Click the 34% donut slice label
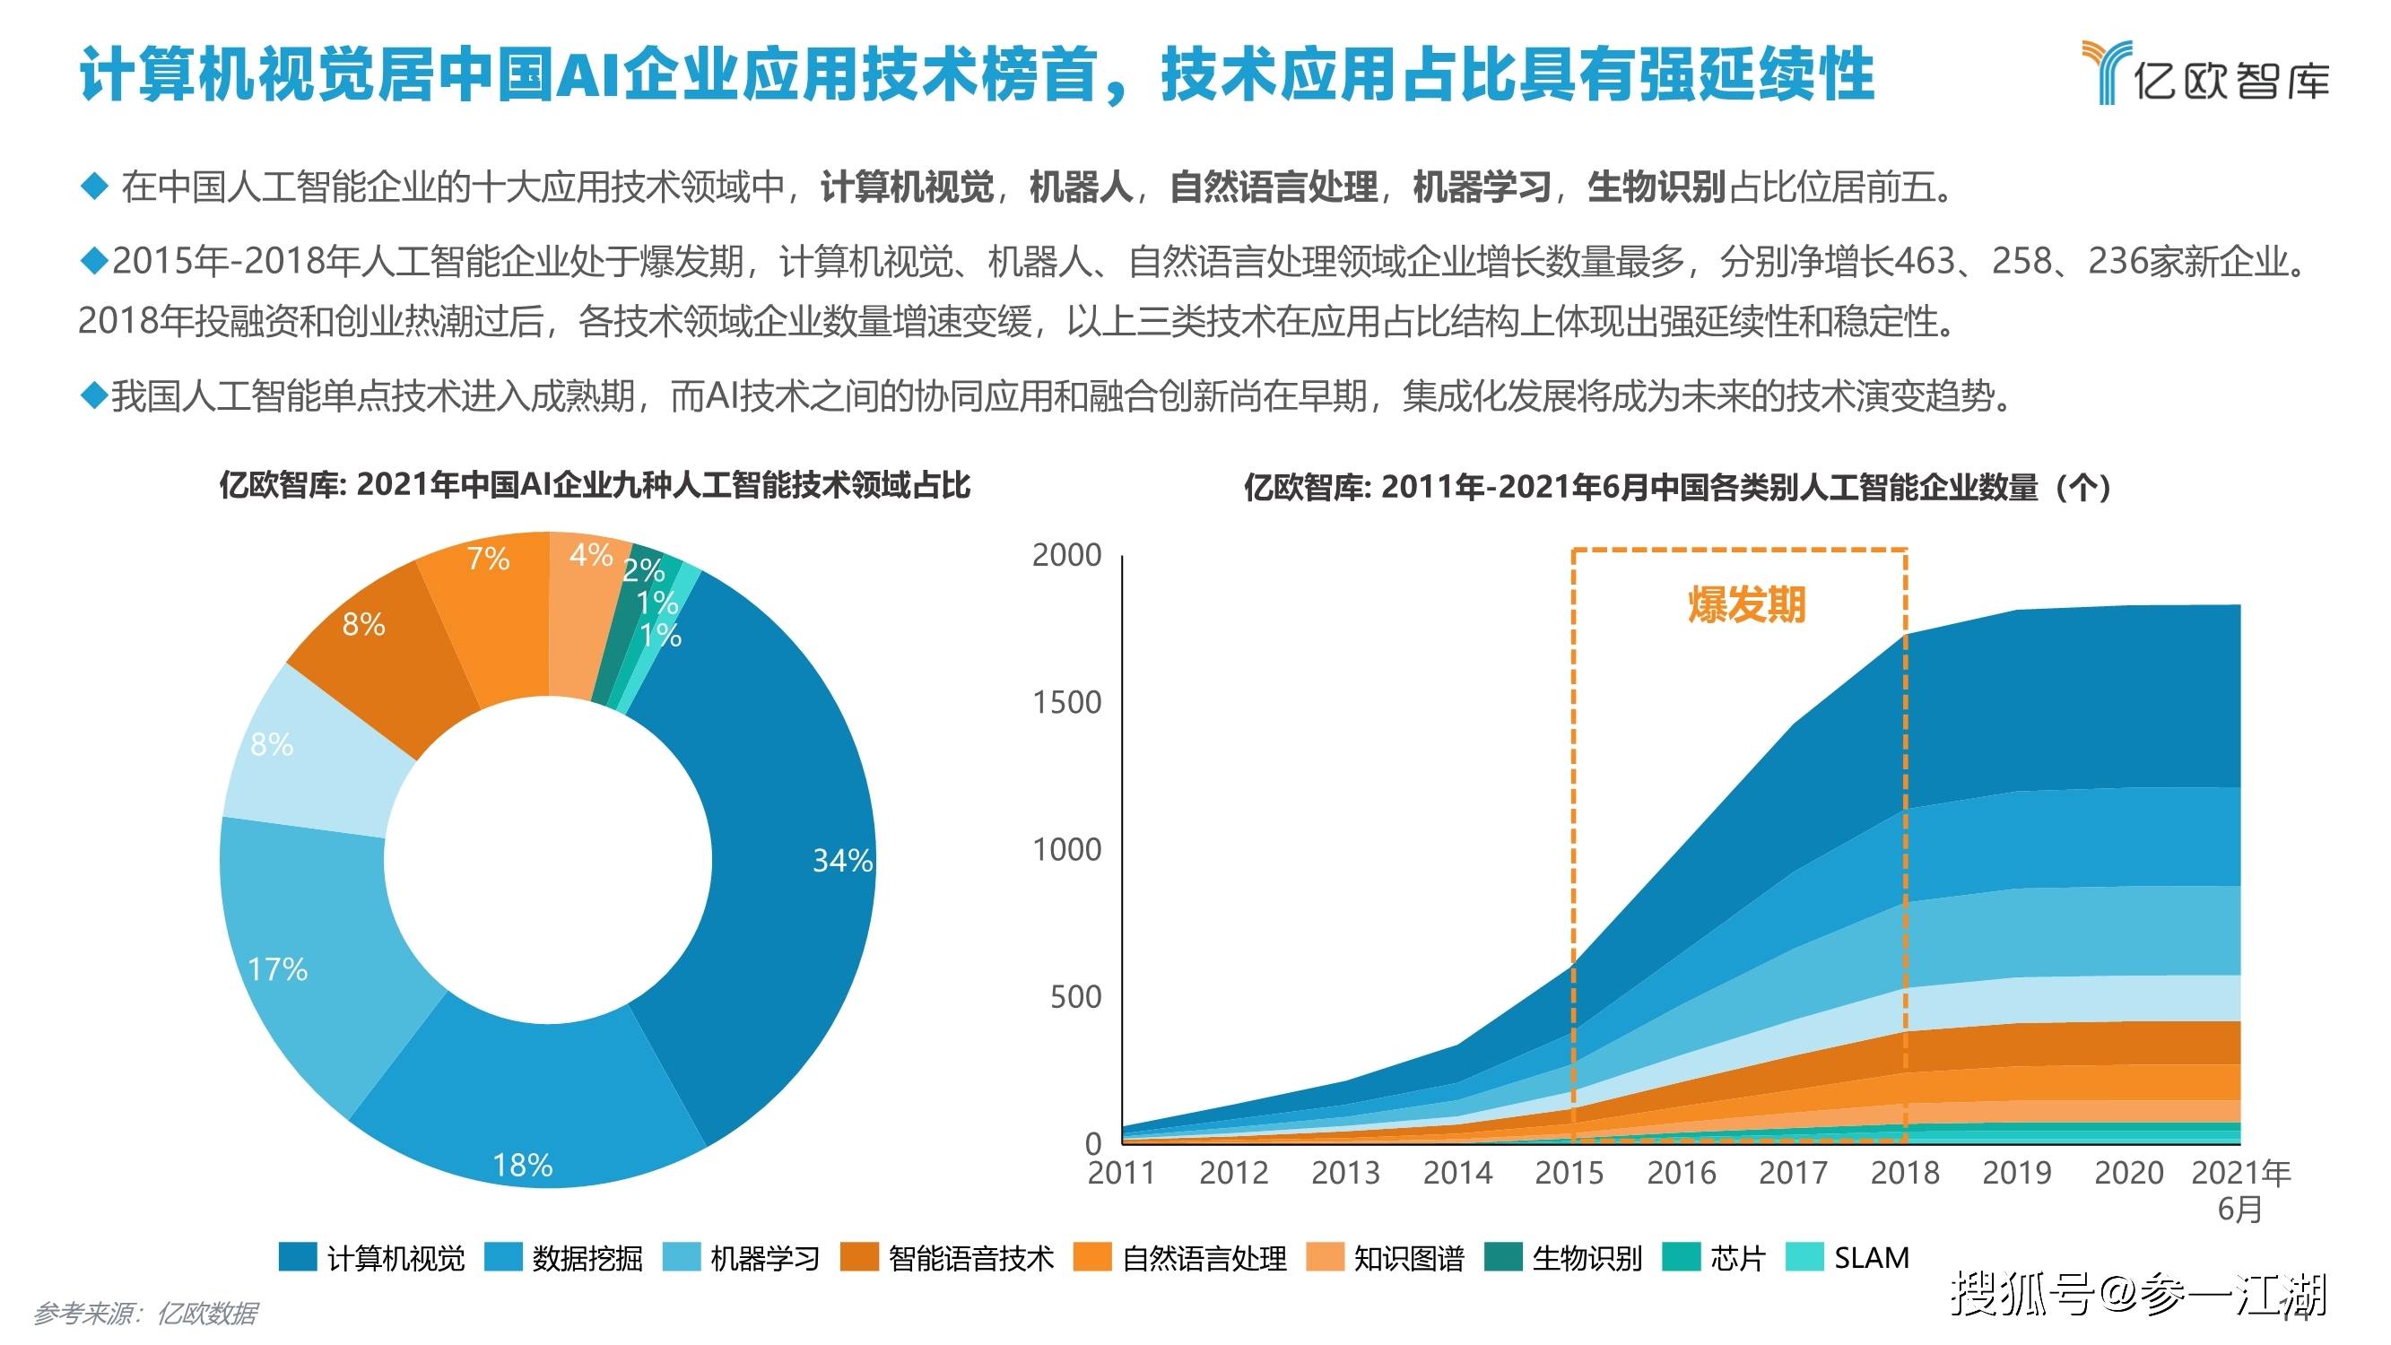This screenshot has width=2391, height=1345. tap(842, 861)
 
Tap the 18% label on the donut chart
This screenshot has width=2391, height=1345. tap(523, 1165)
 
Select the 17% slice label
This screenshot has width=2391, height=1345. tap(277, 970)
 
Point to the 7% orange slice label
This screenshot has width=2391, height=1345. tap(487, 559)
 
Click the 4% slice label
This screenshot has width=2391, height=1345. tap(591, 555)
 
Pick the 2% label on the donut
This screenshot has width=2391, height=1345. tap(643, 570)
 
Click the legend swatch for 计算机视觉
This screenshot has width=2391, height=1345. tap(298, 1257)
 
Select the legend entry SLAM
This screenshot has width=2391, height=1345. tap(1871, 1258)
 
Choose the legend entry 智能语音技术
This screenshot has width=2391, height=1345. tap(971, 1258)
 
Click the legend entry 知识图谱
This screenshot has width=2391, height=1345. tap(1408, 1258)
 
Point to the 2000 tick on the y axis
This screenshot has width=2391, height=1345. tap(1066, 555)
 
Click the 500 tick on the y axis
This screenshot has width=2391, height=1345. tap(1074, 997)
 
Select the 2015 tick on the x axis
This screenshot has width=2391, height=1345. tap(1569, 1172)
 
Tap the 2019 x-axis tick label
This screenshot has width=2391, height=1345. tap(2016, 1172)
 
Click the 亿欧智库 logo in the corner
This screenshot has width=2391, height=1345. tap(2204, 73)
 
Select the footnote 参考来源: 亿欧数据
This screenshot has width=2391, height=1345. tap(145, 1314)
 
